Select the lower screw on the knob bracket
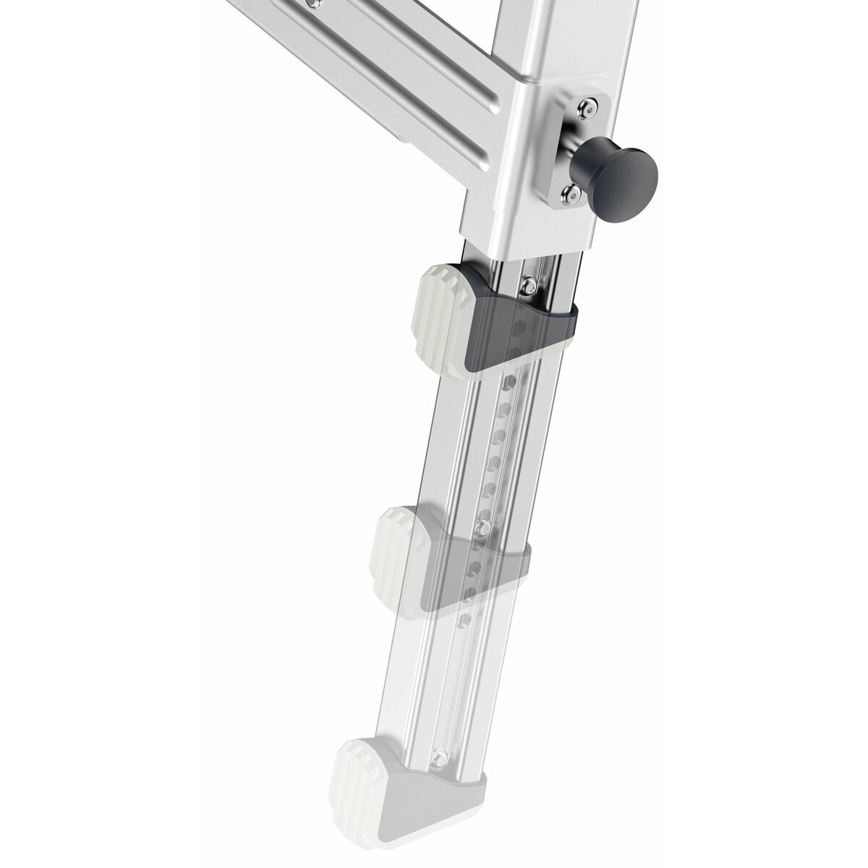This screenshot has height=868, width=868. click(572, 192)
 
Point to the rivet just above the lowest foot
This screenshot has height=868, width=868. click(439, 758)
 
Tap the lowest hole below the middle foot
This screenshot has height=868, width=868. click(463, 620)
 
